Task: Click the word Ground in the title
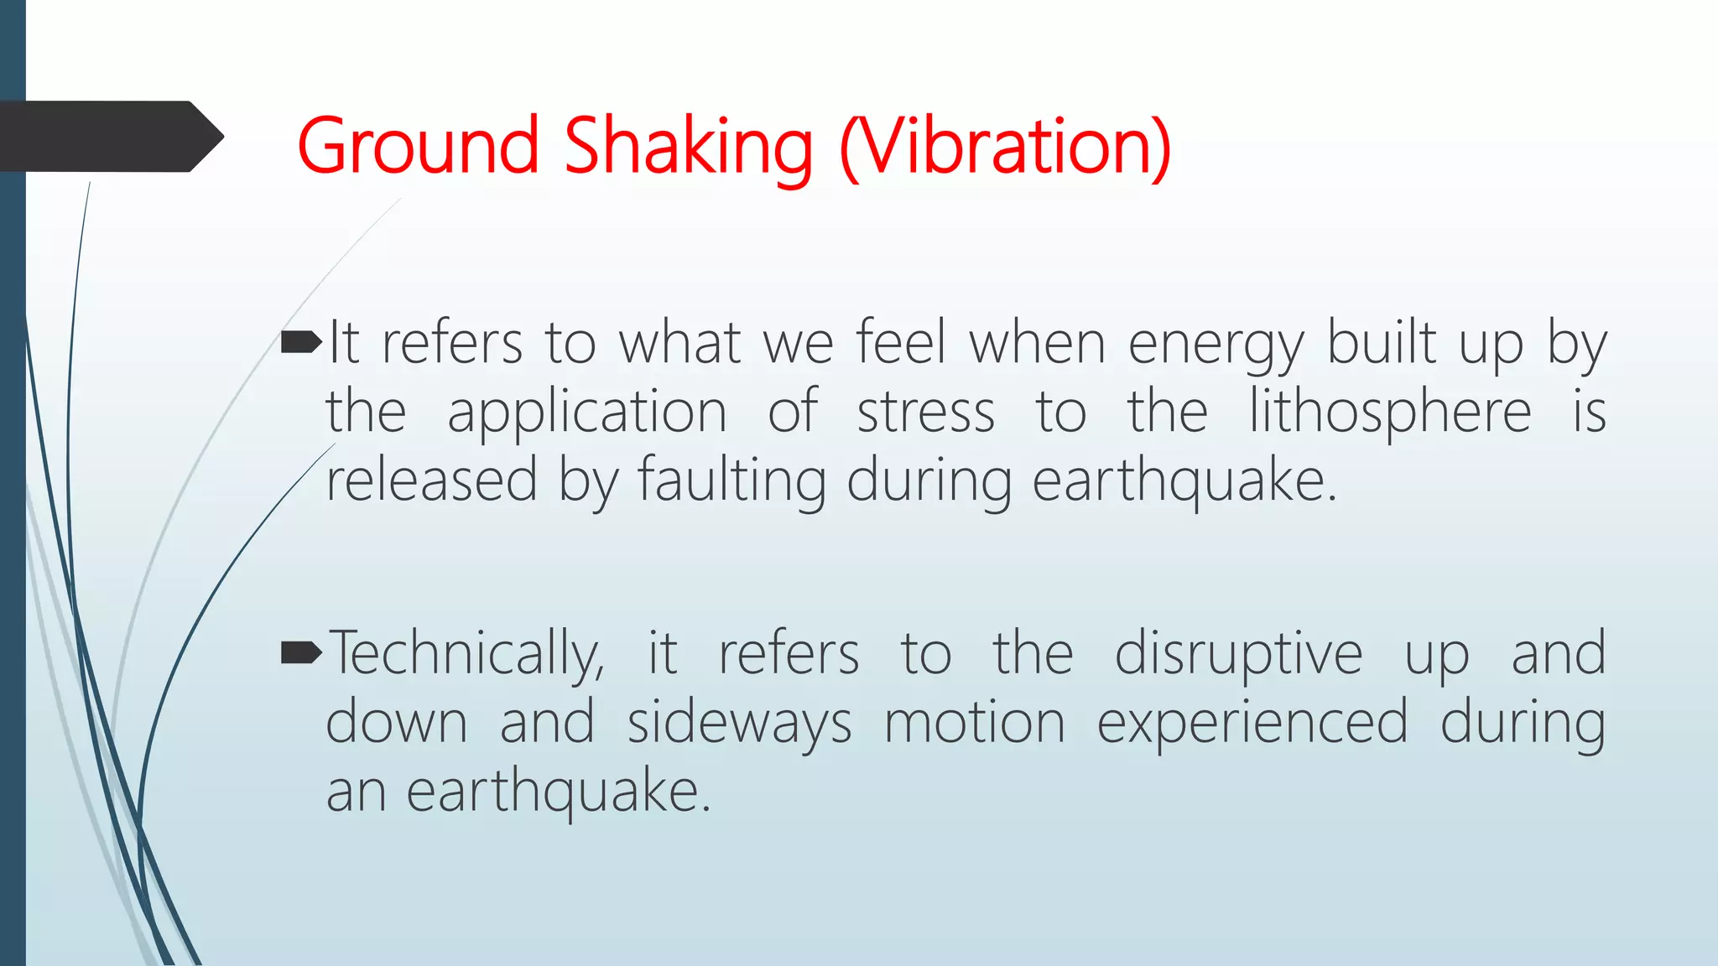click(x=417, y=147)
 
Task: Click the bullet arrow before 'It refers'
click(x=301, y=341)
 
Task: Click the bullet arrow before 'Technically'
click(x=301, y=652)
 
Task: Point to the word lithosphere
click(x=1390, y=413)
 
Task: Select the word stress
click(x=925, y=413)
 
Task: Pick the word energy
click(x=1216, y=345)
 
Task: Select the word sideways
click(x=739, y=724)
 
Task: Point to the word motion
click(x=974, y=723)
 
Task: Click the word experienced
click(x=1252, y=724)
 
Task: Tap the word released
click(x=431, y=480)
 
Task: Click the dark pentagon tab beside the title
click(x=109, y=137)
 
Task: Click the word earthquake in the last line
click(x=559, y=792)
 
